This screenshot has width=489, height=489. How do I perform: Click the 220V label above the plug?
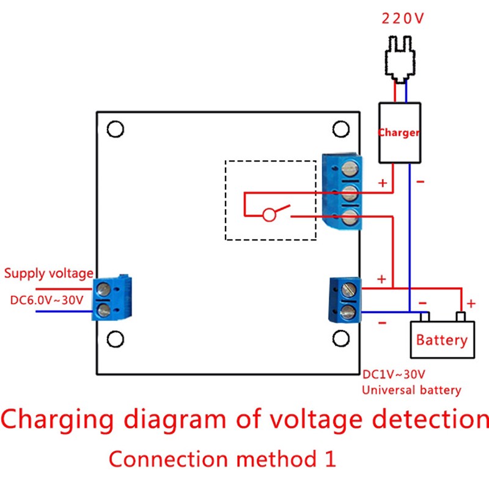(402, 18)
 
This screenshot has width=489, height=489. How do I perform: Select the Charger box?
(400, 132)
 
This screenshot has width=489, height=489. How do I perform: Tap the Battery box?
(442, 339)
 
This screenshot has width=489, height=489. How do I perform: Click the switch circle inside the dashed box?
(268, 215)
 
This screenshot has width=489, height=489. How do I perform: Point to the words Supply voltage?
(49, 273)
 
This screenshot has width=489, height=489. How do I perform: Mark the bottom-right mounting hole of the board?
(340, 338)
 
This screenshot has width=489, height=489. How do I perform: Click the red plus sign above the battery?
(471, 303)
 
